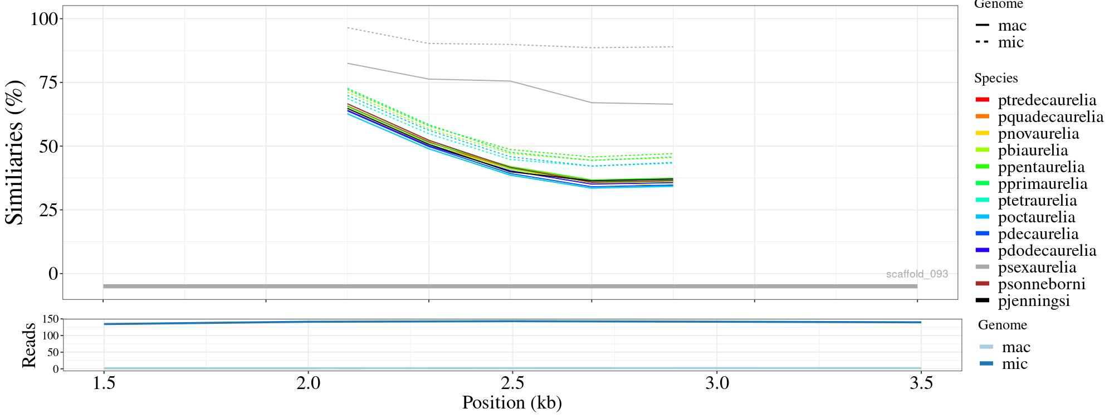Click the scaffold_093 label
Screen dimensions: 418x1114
pos(917,274)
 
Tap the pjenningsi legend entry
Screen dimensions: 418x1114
pos(1033,301)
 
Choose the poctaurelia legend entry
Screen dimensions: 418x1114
pos(1036,217)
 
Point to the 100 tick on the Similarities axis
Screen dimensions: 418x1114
pos(44,19)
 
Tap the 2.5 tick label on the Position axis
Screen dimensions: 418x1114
pos(512,384)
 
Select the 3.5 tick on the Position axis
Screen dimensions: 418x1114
pos(921,384)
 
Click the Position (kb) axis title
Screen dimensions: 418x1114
pos(511,402)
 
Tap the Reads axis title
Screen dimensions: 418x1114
pos(28,345)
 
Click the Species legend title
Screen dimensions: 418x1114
pos(996,78)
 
